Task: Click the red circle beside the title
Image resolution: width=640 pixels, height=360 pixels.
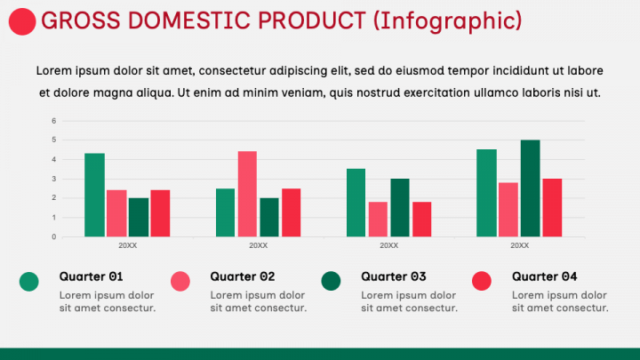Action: coord(22,21)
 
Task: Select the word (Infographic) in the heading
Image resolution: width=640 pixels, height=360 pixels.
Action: coord(448,21)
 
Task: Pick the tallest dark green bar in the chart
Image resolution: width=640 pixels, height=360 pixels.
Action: coord(530,188)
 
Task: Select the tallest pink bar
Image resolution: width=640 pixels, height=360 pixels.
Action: coord(247,194)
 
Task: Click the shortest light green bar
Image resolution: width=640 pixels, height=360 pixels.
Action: coord(225,212)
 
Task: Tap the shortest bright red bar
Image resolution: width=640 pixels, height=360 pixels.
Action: coord(421,220)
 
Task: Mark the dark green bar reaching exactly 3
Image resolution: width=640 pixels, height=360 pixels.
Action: coord(400,208)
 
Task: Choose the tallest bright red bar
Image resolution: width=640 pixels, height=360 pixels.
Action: coord(552,208)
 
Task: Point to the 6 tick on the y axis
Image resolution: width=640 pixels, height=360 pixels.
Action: coord(54,121)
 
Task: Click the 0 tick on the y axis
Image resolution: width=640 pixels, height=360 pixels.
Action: coord(54,236)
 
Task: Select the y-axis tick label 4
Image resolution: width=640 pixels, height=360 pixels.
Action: coord(54,160)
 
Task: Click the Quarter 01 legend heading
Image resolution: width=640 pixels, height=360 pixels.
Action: coord(91,276)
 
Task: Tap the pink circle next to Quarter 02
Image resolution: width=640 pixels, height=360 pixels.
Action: coord(180,281)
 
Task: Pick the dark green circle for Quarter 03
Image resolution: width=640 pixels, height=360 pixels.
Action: coord(331,281)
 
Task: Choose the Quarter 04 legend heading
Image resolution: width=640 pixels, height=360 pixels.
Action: coord(545,276)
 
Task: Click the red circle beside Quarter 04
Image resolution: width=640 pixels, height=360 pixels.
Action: coord(482,281)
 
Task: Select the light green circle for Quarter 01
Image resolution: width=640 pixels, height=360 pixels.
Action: coord(29,281)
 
